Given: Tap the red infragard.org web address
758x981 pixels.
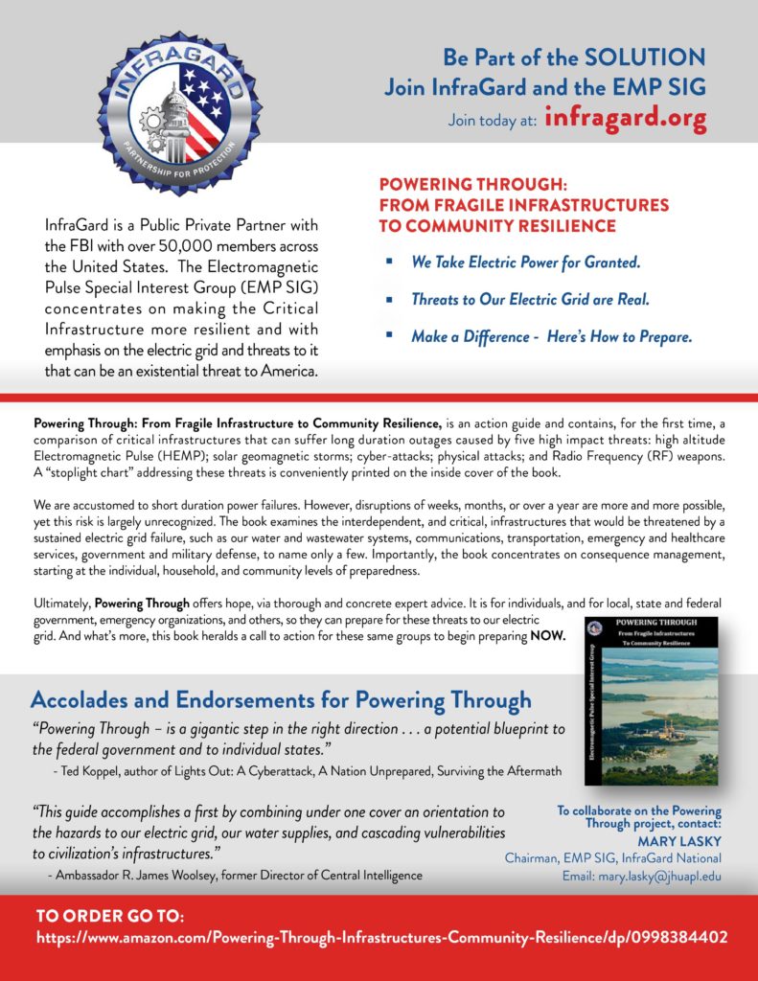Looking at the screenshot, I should (625, 119).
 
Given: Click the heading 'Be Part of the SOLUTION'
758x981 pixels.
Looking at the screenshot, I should (574, 57).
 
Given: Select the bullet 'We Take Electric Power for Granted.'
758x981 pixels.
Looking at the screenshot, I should (525, 262).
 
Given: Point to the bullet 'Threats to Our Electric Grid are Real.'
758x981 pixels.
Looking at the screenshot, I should (530, 299).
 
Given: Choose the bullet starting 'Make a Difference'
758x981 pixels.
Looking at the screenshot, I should (551, 336).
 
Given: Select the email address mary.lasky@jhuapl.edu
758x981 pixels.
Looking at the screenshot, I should (642, 876).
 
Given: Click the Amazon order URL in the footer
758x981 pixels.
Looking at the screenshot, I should (381, 938).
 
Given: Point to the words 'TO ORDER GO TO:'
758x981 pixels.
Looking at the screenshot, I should (110, 915).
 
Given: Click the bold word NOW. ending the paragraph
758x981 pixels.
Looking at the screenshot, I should (549, 637).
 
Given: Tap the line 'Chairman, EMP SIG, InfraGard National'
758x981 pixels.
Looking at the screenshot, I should (612, 858).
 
